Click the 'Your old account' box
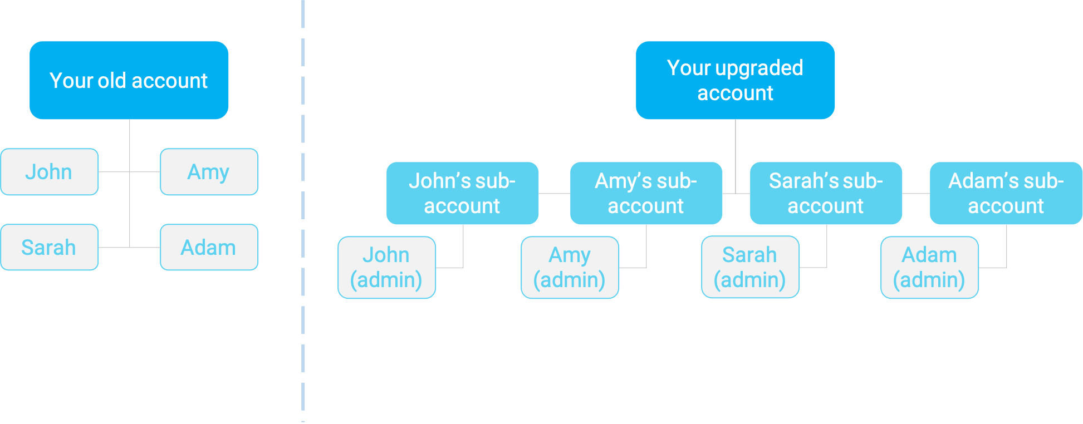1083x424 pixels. coord(129,80)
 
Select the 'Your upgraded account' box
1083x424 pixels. coord(735,80)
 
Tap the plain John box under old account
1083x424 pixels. coord(49,171)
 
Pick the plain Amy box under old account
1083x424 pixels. coord(209,171)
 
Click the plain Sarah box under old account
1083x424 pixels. coord(49,247)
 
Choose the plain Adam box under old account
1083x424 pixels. coord(209,247)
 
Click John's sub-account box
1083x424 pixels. coord(462,193)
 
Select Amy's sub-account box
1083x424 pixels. coord(646,193)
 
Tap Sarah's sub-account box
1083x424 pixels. coord(826,193)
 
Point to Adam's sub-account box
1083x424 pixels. coord(1006,193)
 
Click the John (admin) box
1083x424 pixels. coord(386,267)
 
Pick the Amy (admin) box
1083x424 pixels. coord(570,267)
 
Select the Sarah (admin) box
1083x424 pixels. coord(750,267)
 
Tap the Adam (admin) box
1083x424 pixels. coord(929,267)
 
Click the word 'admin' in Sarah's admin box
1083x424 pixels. coord(750,280)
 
